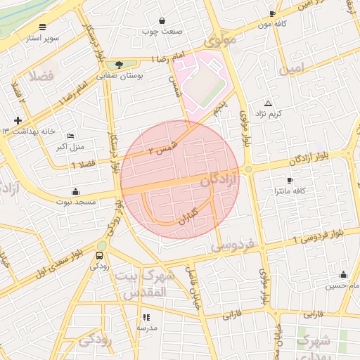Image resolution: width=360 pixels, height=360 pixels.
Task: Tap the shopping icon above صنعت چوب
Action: [x=163, y=21]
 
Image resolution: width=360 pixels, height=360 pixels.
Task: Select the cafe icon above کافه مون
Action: [x=273, y=13]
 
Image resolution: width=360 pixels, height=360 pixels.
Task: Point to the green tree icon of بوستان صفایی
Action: [x=118, y=65]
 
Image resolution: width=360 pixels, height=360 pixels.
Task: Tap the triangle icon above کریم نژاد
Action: [x=268, y=103]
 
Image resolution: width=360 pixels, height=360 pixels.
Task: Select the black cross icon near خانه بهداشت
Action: [x=18, y=121]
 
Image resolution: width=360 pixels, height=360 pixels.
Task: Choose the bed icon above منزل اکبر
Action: [x=70, y=136]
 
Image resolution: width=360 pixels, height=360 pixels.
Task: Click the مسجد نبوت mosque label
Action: [x=76, y=201]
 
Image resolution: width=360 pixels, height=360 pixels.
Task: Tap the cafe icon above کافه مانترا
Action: [x=290, y=181]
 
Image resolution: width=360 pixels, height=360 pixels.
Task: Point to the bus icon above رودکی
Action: [x=99, y=255]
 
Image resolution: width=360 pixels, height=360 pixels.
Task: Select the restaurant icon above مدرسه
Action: [x=146, y=318]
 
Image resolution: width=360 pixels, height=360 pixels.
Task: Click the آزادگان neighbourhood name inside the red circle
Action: [x=219, y=181]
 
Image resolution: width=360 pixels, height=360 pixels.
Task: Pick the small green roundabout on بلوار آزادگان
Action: [x=248, y=169]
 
